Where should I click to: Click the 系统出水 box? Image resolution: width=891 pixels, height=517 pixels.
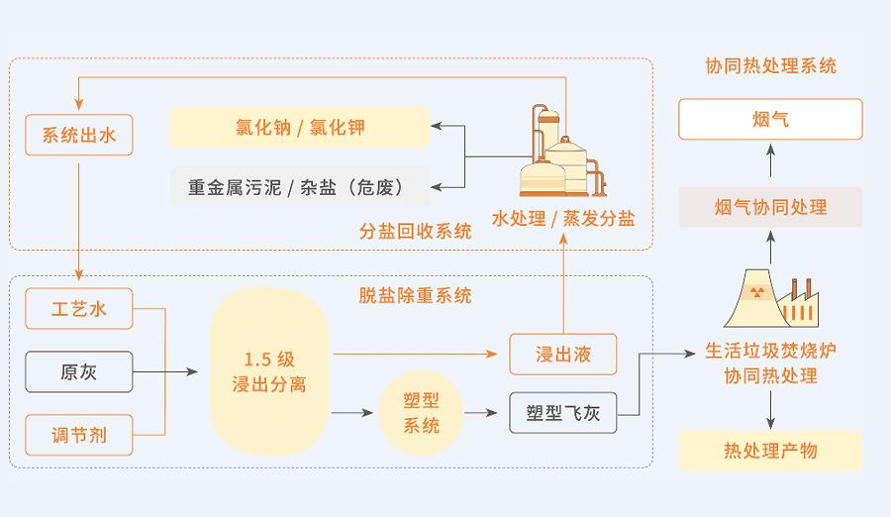(x=79, y=135)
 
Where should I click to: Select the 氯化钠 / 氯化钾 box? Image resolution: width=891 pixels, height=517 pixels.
(x=300, y=127)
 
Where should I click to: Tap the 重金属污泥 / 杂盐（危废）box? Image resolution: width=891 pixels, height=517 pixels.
(x=300, y=185)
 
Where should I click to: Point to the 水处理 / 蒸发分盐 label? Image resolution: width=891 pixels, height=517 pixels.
(x=563, y=218)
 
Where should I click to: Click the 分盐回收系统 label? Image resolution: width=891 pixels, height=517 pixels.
(x=415, y=232)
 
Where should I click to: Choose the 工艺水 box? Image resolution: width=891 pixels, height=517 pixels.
(x=79, y=310)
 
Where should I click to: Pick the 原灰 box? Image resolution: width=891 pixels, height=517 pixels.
(x=79, y=371)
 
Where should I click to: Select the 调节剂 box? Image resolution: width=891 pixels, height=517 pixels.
(x=79, y=433)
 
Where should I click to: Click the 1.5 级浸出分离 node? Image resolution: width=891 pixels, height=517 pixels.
(x=268, y=371)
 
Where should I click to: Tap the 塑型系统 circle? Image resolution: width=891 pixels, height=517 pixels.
(x=422, y=413)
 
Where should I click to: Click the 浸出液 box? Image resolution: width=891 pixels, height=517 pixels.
(x=562, y=353)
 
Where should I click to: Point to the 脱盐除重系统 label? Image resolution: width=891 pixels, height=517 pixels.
(x=415, y=295)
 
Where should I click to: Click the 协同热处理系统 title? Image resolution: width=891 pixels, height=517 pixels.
(x=770, y=66)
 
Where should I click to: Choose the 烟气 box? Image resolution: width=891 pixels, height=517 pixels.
(x=770, y=120)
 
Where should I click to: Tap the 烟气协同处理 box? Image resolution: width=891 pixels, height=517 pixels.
(x=770, y=207)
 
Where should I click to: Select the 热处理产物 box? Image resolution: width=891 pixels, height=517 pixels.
(x=770, y=452)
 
